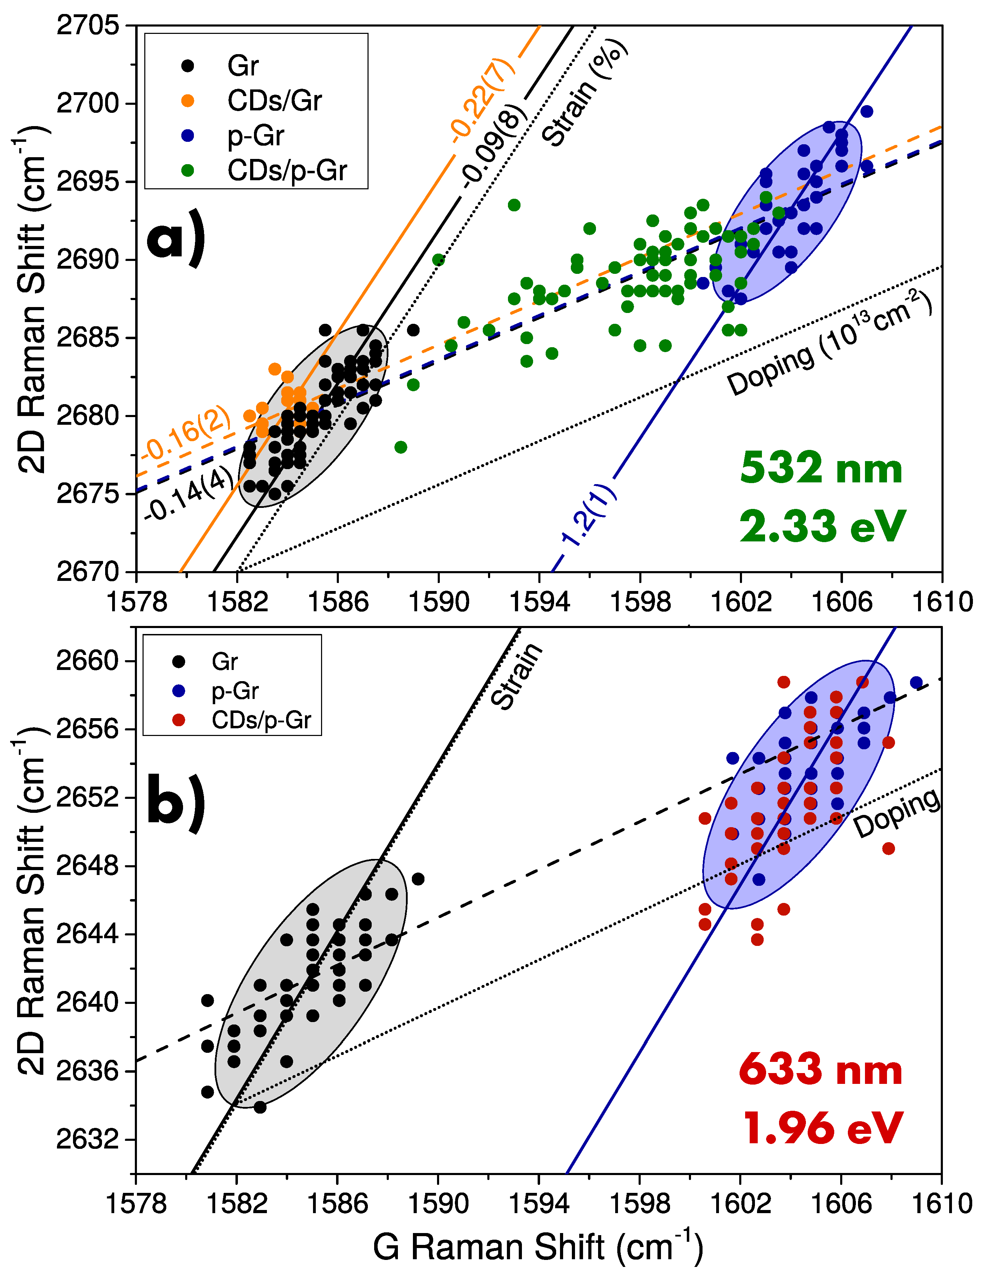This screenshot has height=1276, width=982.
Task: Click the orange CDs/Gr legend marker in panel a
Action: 188,101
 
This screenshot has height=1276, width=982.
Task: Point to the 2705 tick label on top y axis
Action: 88,26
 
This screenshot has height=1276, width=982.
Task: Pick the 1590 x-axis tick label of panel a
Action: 438,602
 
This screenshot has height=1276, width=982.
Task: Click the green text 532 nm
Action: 821,469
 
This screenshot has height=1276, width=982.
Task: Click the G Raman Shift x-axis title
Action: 537,1247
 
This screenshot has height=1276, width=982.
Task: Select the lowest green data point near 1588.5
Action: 401,447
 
